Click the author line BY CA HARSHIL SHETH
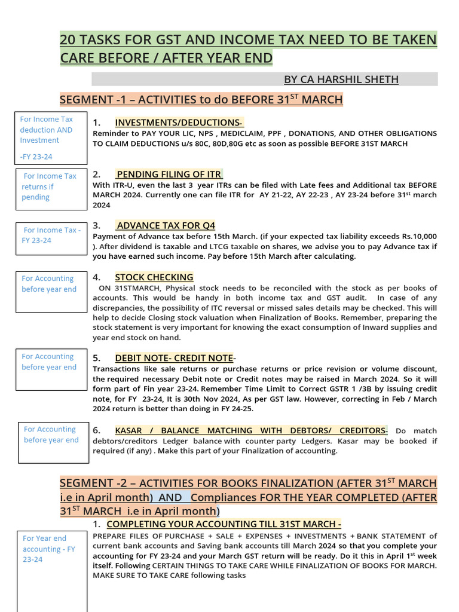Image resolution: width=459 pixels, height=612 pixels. [x=341, y=79]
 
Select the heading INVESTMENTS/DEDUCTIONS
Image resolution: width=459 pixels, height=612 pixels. [x=179, y=123]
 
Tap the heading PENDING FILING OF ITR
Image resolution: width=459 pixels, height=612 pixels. [x=169, y=175]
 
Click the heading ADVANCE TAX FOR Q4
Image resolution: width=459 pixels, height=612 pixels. [x=166, y=225]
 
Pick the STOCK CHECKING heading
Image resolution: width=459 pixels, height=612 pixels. [x=154, y=277]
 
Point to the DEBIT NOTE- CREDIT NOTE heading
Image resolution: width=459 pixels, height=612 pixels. [x=174, y=358]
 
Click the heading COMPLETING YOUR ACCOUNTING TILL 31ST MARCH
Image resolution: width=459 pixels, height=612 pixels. [x=224, y=524]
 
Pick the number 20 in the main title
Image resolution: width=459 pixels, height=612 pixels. [x=68, y=40]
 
